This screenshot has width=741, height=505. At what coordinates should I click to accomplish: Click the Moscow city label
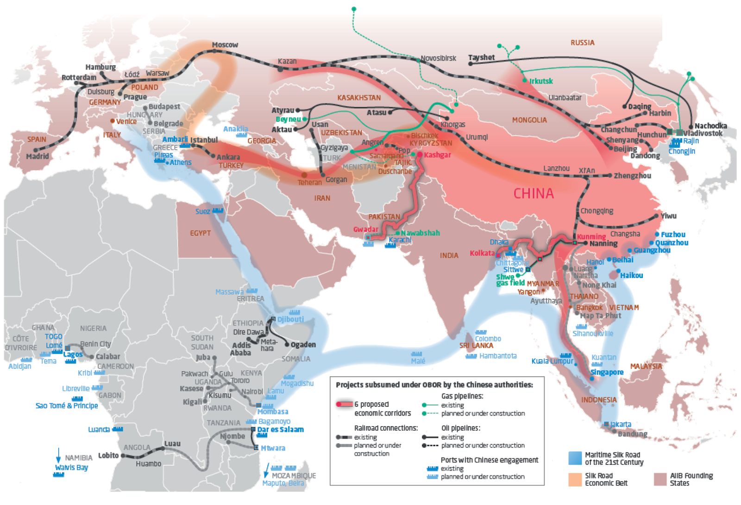[225, 45]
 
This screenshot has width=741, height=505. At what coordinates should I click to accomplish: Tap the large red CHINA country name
[534, 193]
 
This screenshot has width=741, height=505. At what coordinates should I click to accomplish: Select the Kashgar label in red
[437, 155]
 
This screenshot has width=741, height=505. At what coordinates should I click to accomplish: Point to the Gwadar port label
[366, 229]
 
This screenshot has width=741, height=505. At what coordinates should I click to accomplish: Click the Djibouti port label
[290, 319]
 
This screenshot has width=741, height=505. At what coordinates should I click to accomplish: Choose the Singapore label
[607, 372]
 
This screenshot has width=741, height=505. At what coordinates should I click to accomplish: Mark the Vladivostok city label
[703, 133]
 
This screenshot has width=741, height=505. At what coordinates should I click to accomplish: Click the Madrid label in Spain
[38, 157]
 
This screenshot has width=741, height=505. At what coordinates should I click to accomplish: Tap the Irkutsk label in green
[541, 81]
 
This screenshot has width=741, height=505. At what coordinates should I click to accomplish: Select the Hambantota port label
[498, 356]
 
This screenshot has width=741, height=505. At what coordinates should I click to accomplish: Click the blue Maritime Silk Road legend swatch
[575, 458]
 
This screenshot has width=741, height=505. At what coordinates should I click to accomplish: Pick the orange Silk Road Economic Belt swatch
[575, 479]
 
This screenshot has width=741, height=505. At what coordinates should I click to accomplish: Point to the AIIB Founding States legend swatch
[660, 479]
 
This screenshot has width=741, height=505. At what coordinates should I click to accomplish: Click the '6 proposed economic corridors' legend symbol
[344, 404]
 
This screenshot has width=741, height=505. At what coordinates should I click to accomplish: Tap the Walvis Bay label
[71, 467]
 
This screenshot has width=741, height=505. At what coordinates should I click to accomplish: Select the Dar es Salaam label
[280, 429]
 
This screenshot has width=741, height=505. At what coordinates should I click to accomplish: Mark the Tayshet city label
[481, 57]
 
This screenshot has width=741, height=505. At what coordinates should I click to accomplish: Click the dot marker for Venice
[113, 121]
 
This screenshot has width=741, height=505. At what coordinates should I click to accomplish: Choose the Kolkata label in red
[482, 253]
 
